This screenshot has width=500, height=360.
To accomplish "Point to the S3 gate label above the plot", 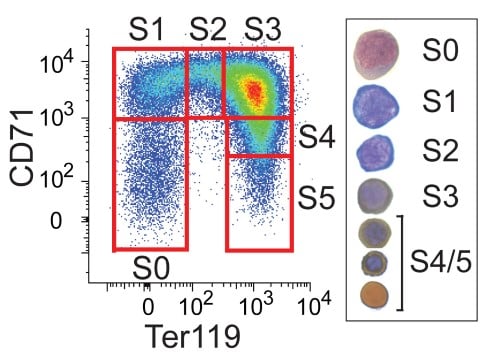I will pyautogui.click(x=264, y=29).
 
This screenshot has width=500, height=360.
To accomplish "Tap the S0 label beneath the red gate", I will pyautogui.click(x=153, y=267).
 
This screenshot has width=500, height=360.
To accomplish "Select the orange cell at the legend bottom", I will pyautogui.click(x=376, y=294).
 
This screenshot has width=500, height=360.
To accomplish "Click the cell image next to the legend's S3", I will pyautogui.click(x=377, y=195).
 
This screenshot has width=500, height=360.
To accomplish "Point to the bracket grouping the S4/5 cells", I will pyautogui.click(x=405, y=263).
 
